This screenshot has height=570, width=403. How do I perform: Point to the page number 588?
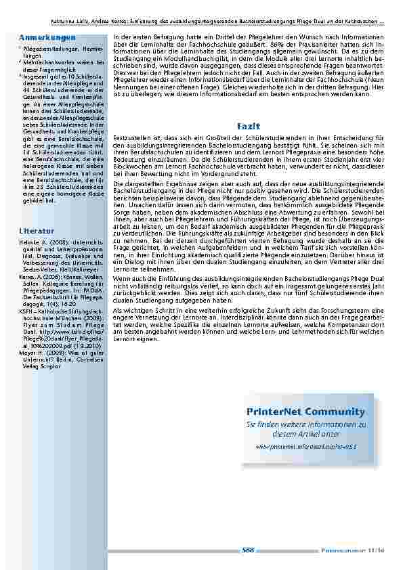tap(248, 550)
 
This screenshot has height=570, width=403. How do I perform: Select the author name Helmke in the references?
tap(30, 242)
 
